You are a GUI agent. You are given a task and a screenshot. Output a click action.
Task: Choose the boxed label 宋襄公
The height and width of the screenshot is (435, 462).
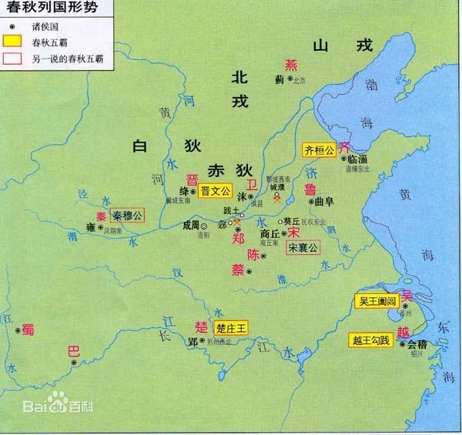303,248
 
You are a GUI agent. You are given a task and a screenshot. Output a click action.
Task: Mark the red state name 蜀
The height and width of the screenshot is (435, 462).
28,329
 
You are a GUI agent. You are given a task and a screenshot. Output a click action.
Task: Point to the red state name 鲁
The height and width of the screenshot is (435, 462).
310,190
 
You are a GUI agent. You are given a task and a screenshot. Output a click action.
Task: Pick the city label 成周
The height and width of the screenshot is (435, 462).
191,226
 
